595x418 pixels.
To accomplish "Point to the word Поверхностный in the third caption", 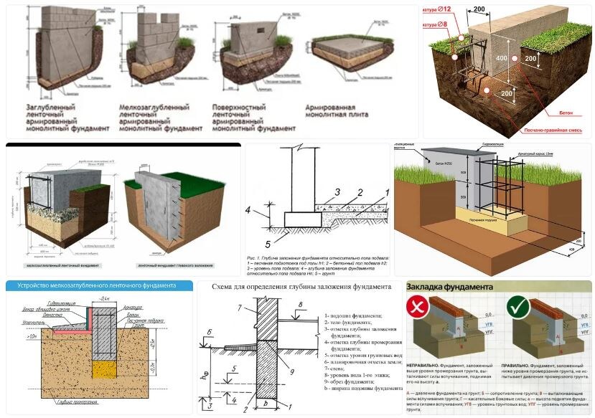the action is (244, 107).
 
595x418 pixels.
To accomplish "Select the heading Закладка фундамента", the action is (450, 287).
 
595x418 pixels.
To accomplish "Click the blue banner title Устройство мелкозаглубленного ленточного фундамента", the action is (91, 285).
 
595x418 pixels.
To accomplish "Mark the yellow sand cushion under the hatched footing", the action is (105, 369).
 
